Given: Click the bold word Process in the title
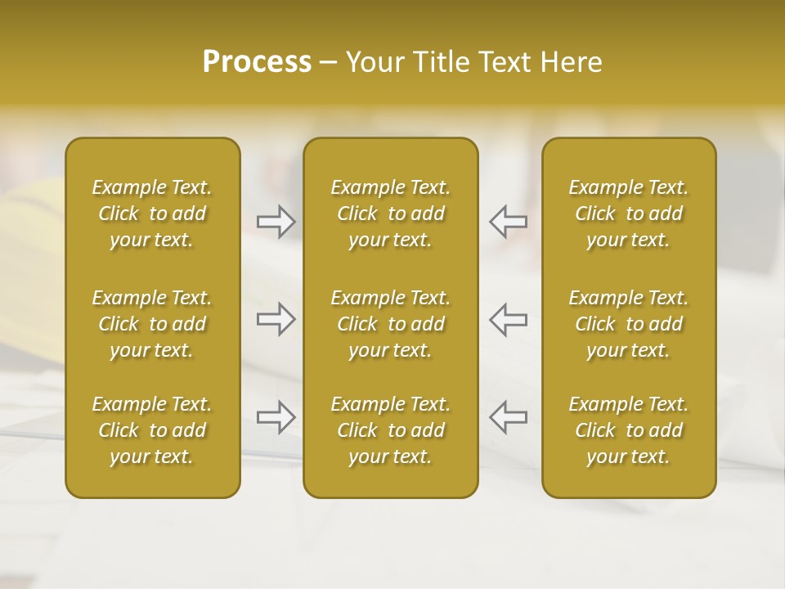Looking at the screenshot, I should click(x=257, y=62).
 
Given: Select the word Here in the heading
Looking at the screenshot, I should click(x=572, y=62).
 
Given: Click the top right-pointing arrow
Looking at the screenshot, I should click(x=276, y=222).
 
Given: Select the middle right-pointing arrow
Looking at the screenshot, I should click(x=276, y=319).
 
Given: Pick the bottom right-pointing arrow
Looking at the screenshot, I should click(x=276, y=416).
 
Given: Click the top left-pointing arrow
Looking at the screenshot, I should click(x=508, y=222).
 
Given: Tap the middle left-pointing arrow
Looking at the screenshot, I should click(x=508, y=319).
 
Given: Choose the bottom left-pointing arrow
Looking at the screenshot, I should click(x=508, y=416).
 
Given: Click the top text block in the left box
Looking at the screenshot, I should click(x=152, y=214).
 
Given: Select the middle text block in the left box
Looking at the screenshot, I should click(x=152, y=324).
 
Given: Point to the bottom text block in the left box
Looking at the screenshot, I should click(x=152, y=430).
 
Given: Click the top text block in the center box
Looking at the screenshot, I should click(x=390, y=214).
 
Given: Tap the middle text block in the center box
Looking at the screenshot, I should click(x=390, y=324).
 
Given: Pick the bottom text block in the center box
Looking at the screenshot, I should click(x=390, y=430).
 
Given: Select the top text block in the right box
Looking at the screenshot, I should click(x=629, y=214).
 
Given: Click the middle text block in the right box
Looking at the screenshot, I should click(x=629, y=324).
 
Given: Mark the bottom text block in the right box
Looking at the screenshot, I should click(x=629, y=430).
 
